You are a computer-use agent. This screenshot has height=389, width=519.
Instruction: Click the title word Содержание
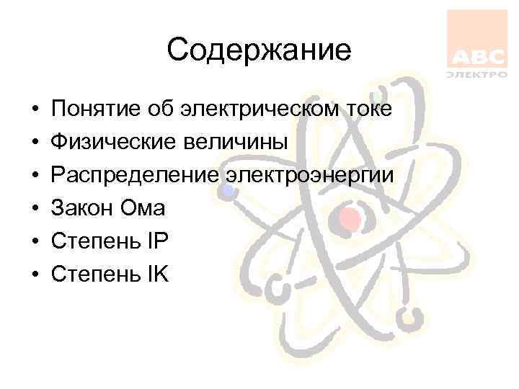click(x=259, y=50)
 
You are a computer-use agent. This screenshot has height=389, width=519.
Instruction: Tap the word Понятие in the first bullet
click(x=92, y=109)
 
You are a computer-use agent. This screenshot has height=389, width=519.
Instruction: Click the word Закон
click(x=80, y=209)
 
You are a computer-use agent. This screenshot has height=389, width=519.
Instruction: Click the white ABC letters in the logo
click(x=477, y=57)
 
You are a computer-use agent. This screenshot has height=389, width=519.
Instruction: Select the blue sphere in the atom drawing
click(x=228, y=190)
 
